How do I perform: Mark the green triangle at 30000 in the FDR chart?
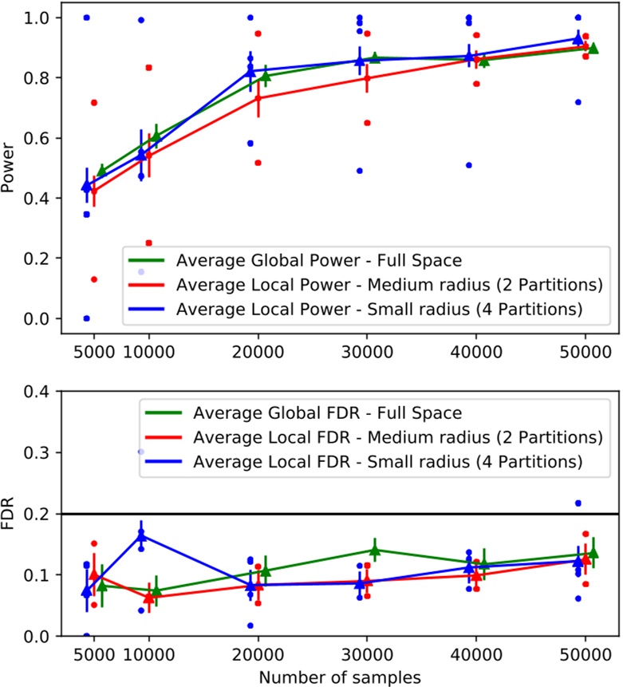coord(375,550)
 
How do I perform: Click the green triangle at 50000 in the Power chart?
coord(593,49)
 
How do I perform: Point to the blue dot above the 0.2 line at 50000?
coord(578,503)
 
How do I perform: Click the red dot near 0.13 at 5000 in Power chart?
coord(94,279)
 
